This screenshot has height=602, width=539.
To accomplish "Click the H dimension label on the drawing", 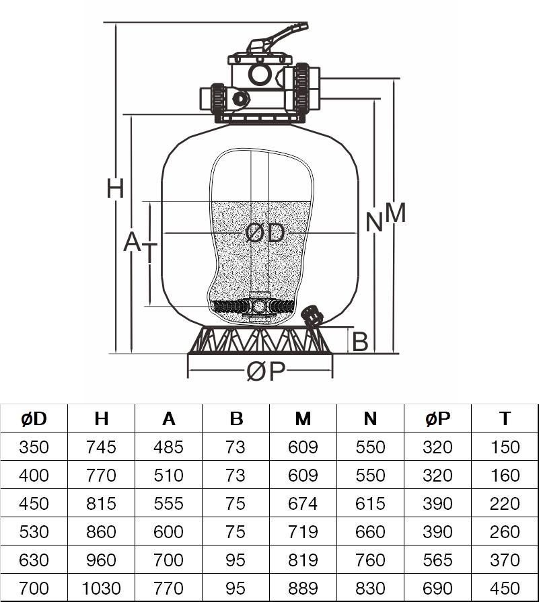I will (115, 189).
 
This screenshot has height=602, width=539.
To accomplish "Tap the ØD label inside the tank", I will (265, 233).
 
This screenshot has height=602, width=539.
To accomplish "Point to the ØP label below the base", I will (266, 371).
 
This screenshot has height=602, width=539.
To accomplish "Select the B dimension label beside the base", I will (360, 342).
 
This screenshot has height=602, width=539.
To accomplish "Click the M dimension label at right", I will (396, 213).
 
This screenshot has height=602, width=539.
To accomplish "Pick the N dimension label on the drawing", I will (374, 222).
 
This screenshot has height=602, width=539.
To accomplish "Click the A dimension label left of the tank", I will (131, 242).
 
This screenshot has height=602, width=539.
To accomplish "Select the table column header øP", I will (437, 418).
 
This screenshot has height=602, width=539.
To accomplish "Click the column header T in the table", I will (505, 418).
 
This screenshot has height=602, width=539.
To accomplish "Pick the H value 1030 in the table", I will (101, 589).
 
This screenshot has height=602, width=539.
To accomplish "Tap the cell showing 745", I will (101, 447).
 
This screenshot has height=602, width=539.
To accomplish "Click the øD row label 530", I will (34, 532).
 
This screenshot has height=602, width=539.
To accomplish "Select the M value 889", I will (303, 589).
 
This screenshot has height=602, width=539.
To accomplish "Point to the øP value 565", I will (437, 560).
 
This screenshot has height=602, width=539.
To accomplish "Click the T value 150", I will (505, 447).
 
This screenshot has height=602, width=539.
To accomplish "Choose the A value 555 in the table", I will (168, 504).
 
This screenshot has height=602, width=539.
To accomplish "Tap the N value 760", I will (370, 560).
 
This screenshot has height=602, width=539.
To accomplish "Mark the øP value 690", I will (437, 589).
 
